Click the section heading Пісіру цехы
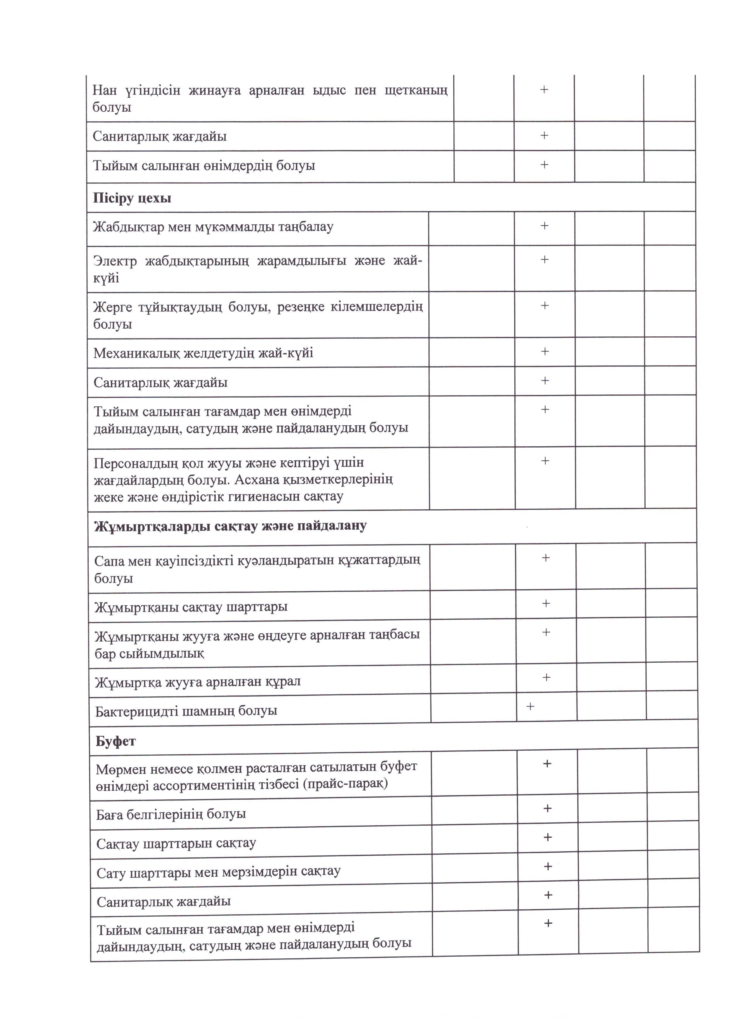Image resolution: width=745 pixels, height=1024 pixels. pyautogui.click(x=132, y=198)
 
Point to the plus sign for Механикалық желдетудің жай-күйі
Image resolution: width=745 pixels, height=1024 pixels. pyautogui.click(x=545, y=351)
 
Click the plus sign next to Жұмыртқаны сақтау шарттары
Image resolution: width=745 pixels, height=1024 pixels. pyautogui.click(x=546, y=603)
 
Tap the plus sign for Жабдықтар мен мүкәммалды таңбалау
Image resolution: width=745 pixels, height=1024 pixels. pyautogui.click(x=544, y=226)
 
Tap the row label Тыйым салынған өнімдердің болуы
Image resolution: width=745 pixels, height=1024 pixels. pyautogui.click(x=204, y=166)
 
